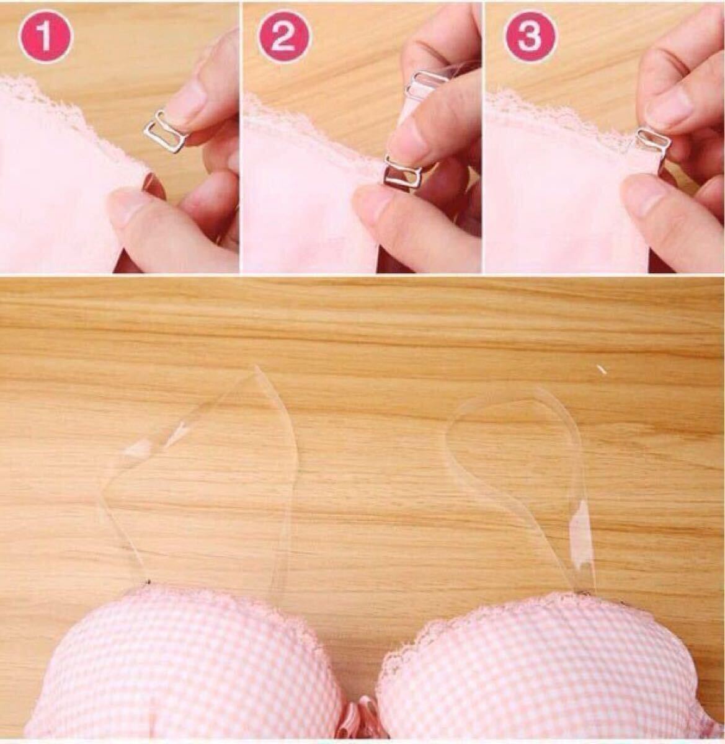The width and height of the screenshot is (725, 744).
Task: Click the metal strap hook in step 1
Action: coord(165,132)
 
